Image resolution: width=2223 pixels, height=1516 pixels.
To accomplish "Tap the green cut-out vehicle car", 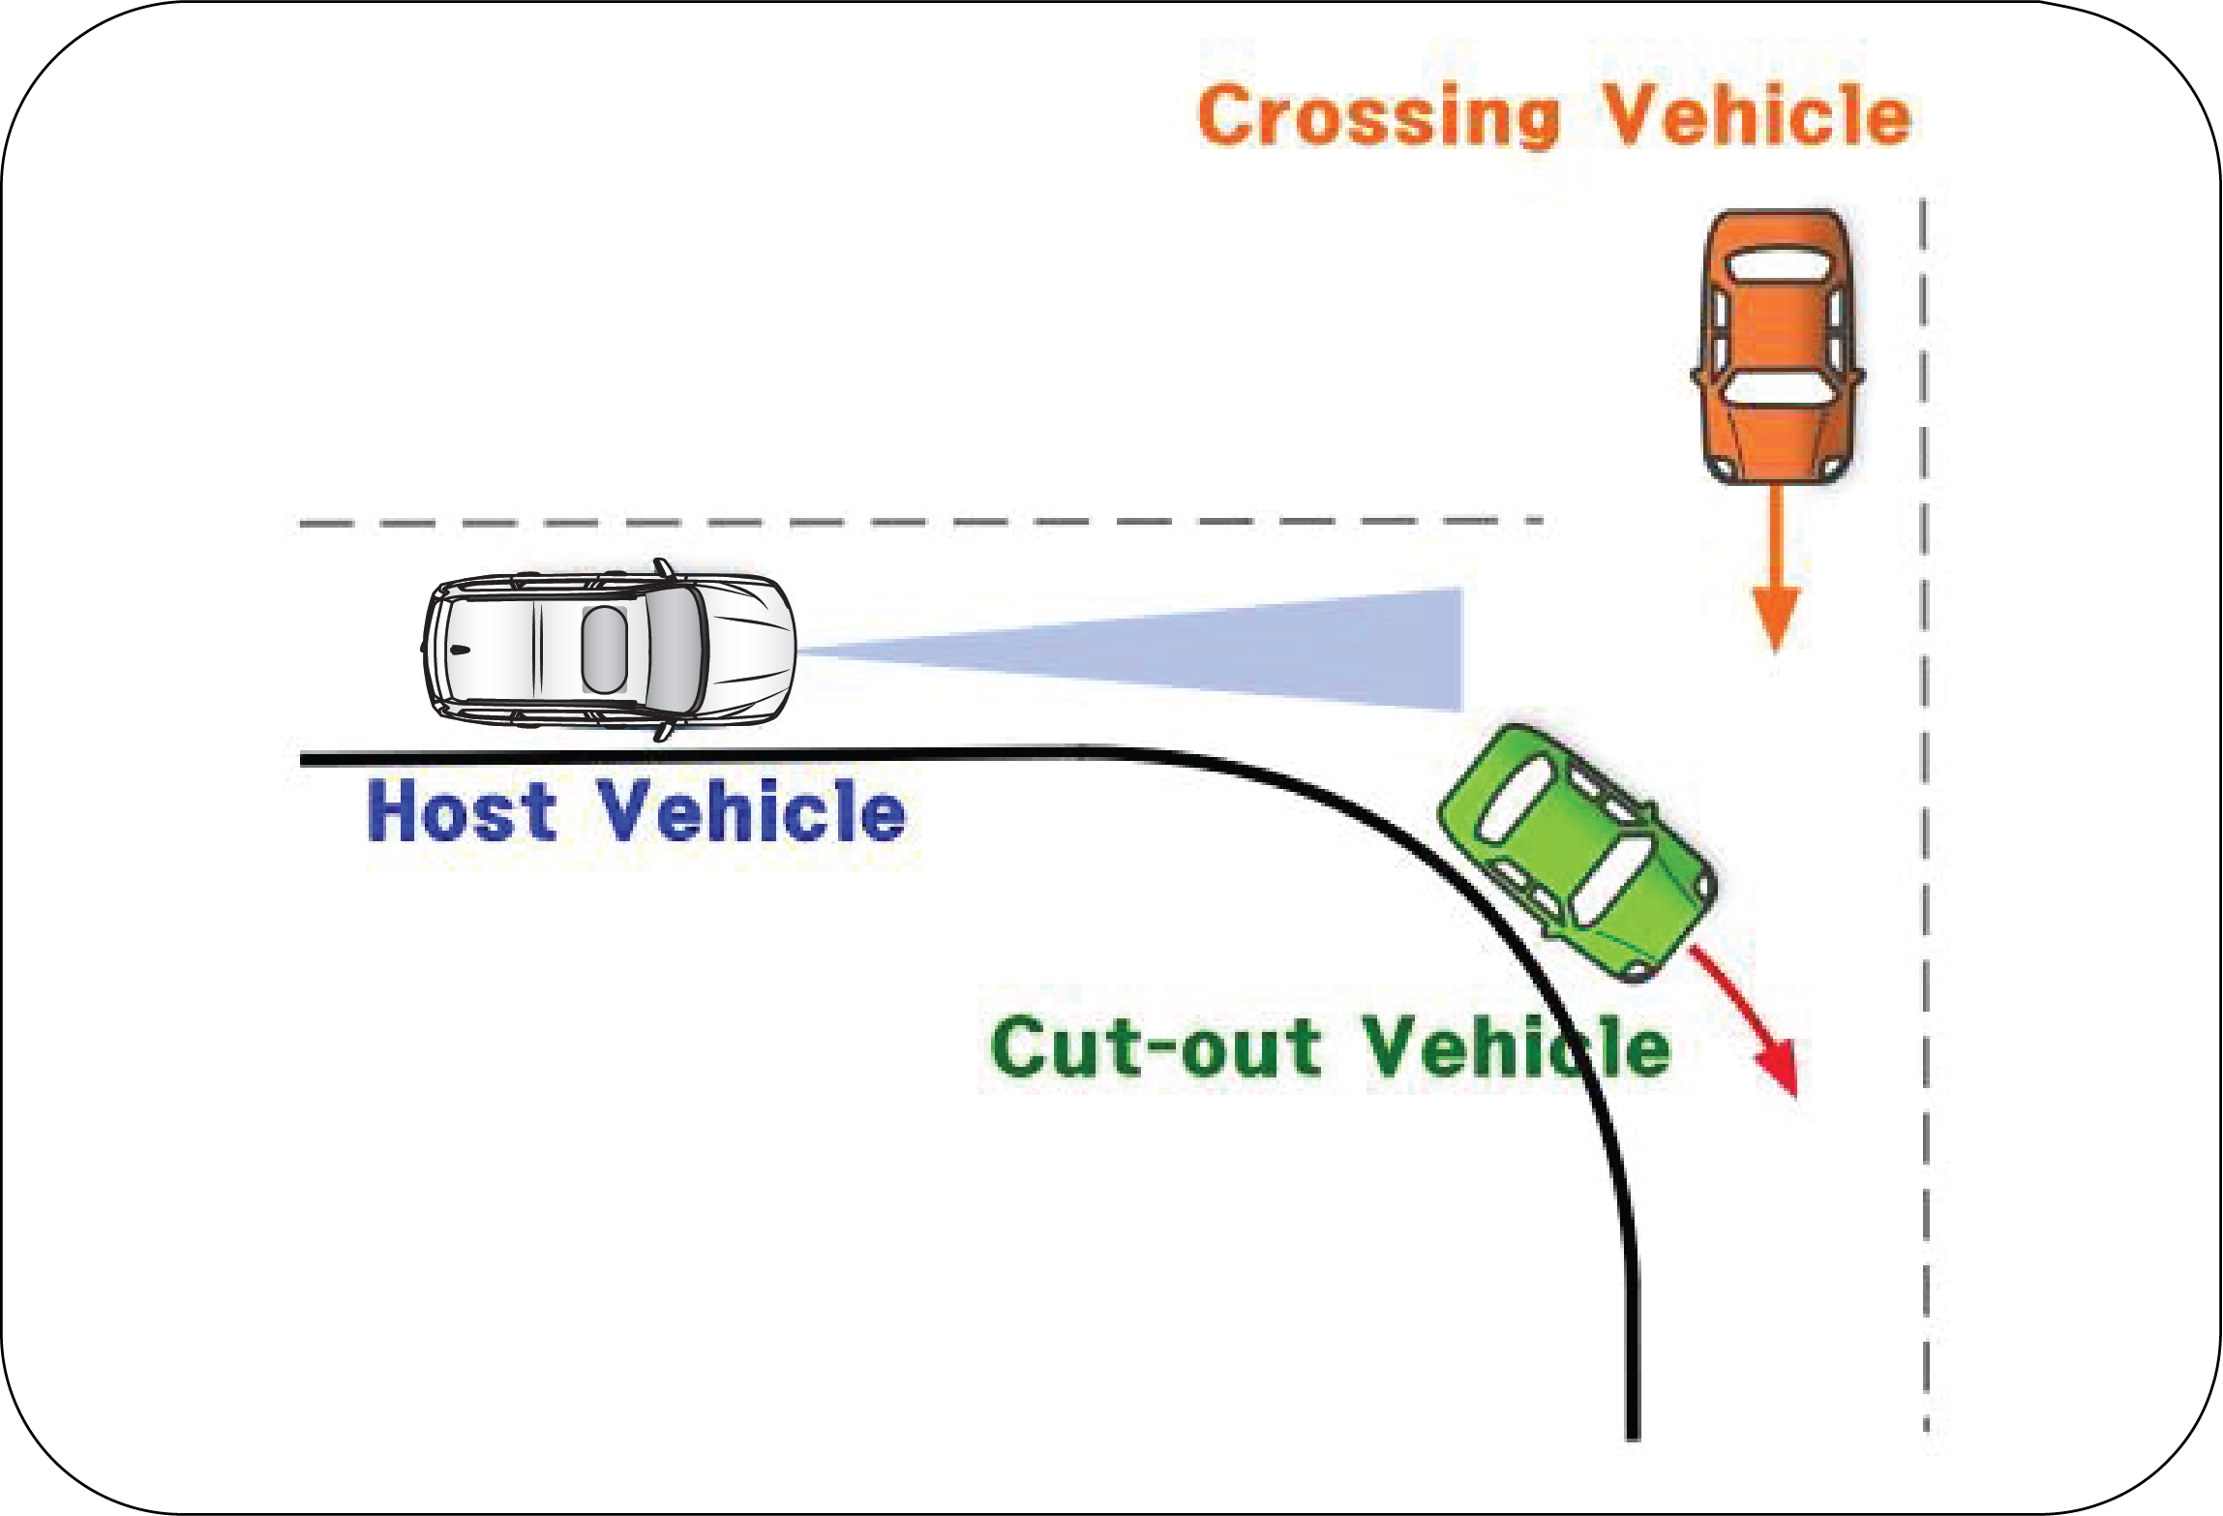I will pos(1577,852).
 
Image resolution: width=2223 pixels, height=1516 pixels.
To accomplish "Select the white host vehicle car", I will pos(610,649).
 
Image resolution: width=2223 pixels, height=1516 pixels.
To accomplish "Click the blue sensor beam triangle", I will pos(1258,651).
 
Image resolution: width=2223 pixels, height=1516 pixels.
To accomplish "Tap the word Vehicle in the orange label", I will pos(1757,116).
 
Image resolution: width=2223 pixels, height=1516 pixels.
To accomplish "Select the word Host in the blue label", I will pos(462,811).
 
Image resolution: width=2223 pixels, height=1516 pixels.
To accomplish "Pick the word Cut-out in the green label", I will pos(1157,1047).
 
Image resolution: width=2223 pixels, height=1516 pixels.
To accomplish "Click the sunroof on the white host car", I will pos(604,649).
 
